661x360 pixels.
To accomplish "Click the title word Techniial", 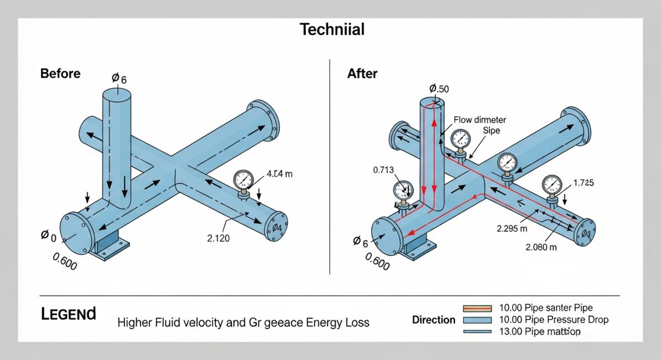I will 332,29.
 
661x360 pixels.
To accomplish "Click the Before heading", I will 60,74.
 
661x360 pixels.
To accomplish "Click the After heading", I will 362,74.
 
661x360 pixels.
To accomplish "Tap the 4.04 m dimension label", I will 279,174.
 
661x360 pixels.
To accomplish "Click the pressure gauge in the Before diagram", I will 243,180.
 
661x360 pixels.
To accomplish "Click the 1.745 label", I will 583,183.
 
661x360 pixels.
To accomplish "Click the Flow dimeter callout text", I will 479,119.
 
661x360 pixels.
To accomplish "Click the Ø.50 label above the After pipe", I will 440,88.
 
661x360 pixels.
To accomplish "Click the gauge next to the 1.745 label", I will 551,183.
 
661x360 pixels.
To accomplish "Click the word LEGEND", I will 68,314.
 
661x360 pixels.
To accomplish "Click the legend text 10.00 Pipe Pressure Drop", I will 553,320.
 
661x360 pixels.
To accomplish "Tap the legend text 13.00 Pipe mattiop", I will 539,332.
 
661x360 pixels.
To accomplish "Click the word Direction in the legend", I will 434,320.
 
